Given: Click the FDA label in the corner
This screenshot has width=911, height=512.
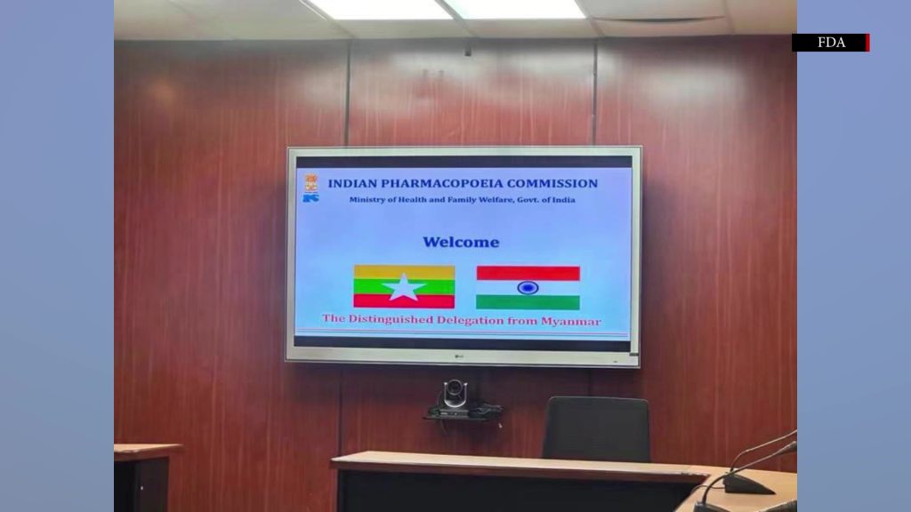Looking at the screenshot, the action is (831, 43).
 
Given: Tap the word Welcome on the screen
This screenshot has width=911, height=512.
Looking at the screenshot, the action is (461, 242).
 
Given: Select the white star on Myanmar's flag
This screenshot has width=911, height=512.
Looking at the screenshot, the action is (404, 287).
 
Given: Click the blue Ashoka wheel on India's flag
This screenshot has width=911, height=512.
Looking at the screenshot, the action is (528, 287).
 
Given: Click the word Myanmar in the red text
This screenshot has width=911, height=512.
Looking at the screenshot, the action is (571, 321).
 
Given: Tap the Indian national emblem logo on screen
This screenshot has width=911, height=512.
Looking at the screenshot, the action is (311, 183).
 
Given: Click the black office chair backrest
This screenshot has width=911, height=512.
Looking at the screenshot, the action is (596, 428).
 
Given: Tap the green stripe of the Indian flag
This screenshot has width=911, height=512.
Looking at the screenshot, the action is (528, 302).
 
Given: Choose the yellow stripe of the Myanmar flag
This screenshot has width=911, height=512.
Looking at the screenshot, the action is (405, 272).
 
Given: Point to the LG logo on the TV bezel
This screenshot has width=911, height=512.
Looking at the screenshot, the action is (459, 356).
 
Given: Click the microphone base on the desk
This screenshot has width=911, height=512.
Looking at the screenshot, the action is (748, 484).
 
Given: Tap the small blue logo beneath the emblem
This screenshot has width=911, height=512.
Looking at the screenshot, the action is (310, 198).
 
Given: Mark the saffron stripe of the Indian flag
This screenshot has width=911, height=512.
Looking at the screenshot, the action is (528, 274).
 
